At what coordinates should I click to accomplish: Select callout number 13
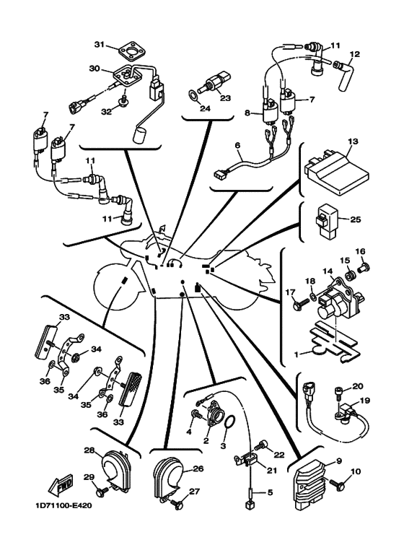click(353, 141)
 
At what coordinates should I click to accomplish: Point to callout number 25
click(355, 219)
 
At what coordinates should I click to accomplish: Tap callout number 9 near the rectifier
click(339, 461)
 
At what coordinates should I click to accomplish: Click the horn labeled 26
click(168, 479)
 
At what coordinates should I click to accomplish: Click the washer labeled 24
click(193, 95)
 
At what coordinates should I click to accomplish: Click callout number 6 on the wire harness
click(237, 146)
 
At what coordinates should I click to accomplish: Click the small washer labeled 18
click(312, 296)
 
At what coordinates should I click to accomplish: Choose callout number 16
click(360, 252)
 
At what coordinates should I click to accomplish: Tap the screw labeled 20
click(338, 394)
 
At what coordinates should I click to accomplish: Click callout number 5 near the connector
click(270, 492)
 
